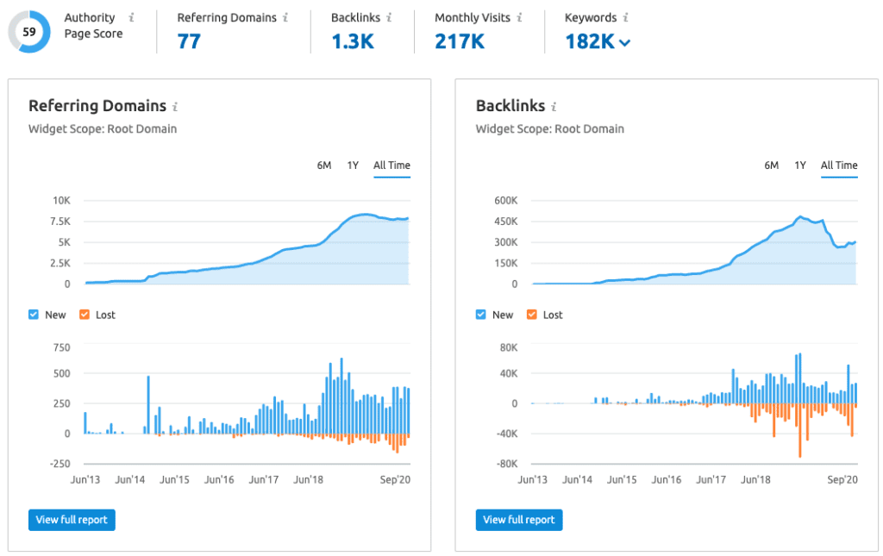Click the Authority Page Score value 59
click(x=28, y=32)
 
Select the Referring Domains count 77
click(x=189, y=41)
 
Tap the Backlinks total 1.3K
click(x=353, y=41)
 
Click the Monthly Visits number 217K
click(x=460, y=41)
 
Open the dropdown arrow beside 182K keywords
click(x=624, y=42)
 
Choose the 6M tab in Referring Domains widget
click(x=324, y=166)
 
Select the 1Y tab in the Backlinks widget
click(x=800, y=166)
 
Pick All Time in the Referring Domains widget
click(x=392, y=166)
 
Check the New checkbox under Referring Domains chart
click(x=34, y=315)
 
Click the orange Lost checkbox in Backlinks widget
click(x=531, y=315)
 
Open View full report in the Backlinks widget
click(x=518, y=520)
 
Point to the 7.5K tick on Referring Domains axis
click(x=60, y=222)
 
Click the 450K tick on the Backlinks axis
click(x=505, y=222)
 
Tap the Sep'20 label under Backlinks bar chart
click(x=842, y=479)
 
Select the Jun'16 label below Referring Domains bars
click(x=219, y=479)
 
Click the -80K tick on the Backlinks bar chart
click(x=507, y=464)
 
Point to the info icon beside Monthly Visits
click(x=519, y=17)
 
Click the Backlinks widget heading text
click(x=510, y=106)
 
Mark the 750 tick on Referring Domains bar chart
click(x=61, y=347)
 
